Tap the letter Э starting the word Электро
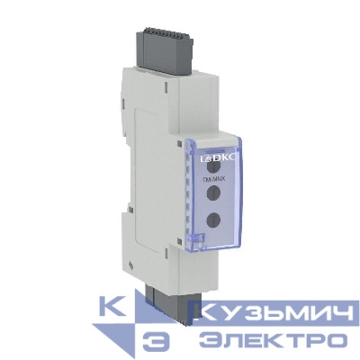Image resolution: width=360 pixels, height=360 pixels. coord(210,340)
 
